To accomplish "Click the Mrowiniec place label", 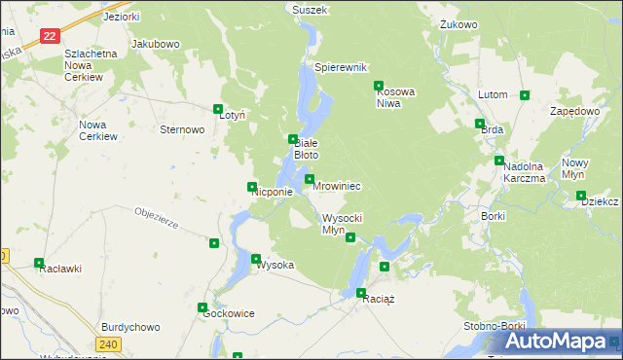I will pos(338,186).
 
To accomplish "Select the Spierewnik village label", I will pos(340,68).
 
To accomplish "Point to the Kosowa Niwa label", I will pos(396,97).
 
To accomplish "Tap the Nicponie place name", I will pos(273,193).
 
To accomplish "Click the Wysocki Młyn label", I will pos(342,224).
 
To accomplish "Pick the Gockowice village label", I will pos(227,314).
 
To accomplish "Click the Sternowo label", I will pos(182,128).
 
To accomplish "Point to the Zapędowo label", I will pos(574,111).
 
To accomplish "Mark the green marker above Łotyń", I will pos(218,110).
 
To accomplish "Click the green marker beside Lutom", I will pos(525,95).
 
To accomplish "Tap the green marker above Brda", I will pos(480,124).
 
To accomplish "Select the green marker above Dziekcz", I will pos(581,196).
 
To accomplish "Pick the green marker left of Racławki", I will pos(39,263).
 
